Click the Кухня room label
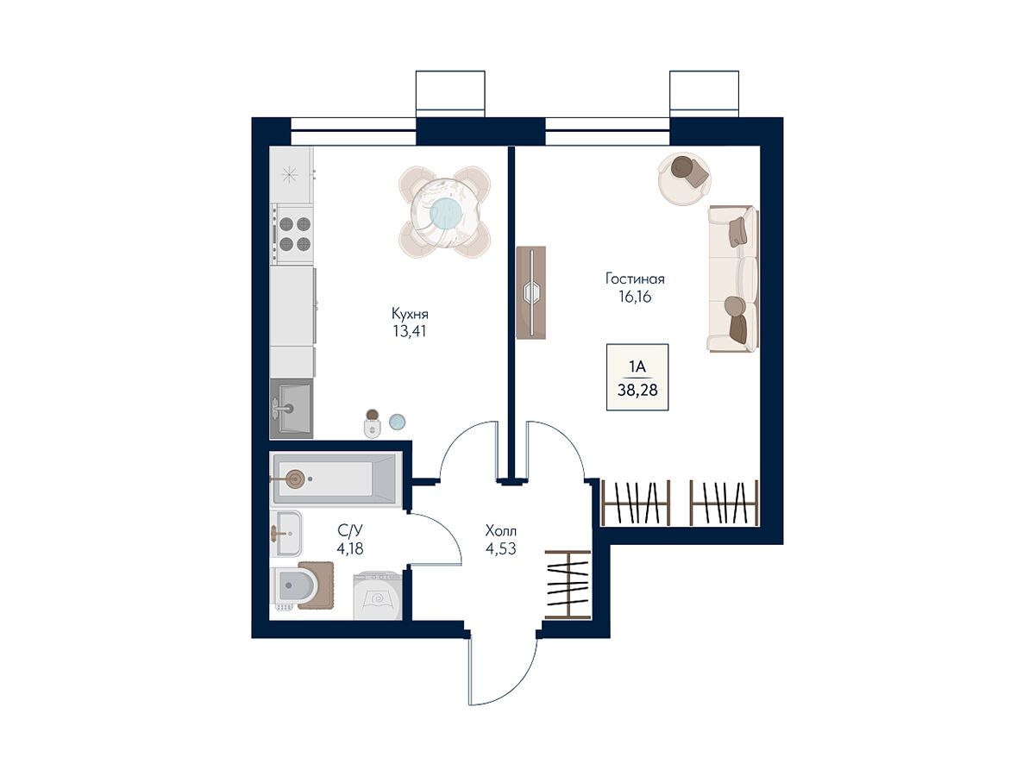tap(410, 314)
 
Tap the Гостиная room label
tap(635, 278)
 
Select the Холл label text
tap(501, 531)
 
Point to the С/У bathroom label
tap(350, 530)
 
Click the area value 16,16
tap(635, 297)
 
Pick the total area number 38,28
tap(637, 390)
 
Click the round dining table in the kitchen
tap(445, 212)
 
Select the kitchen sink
tap(292, 408)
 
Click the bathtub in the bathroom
tap(336, 479)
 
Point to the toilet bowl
tap(295, 587)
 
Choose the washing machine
tap(378, 595)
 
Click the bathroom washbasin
tap(286, 534)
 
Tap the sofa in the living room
tap(733, 278)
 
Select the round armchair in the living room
tap(685, 178)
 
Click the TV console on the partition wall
tap(531, 292)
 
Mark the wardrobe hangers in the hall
tap(568, 585)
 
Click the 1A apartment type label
tap(637, 366)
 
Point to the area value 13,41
tap(410, 332)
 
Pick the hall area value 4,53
tap(501, 549)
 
